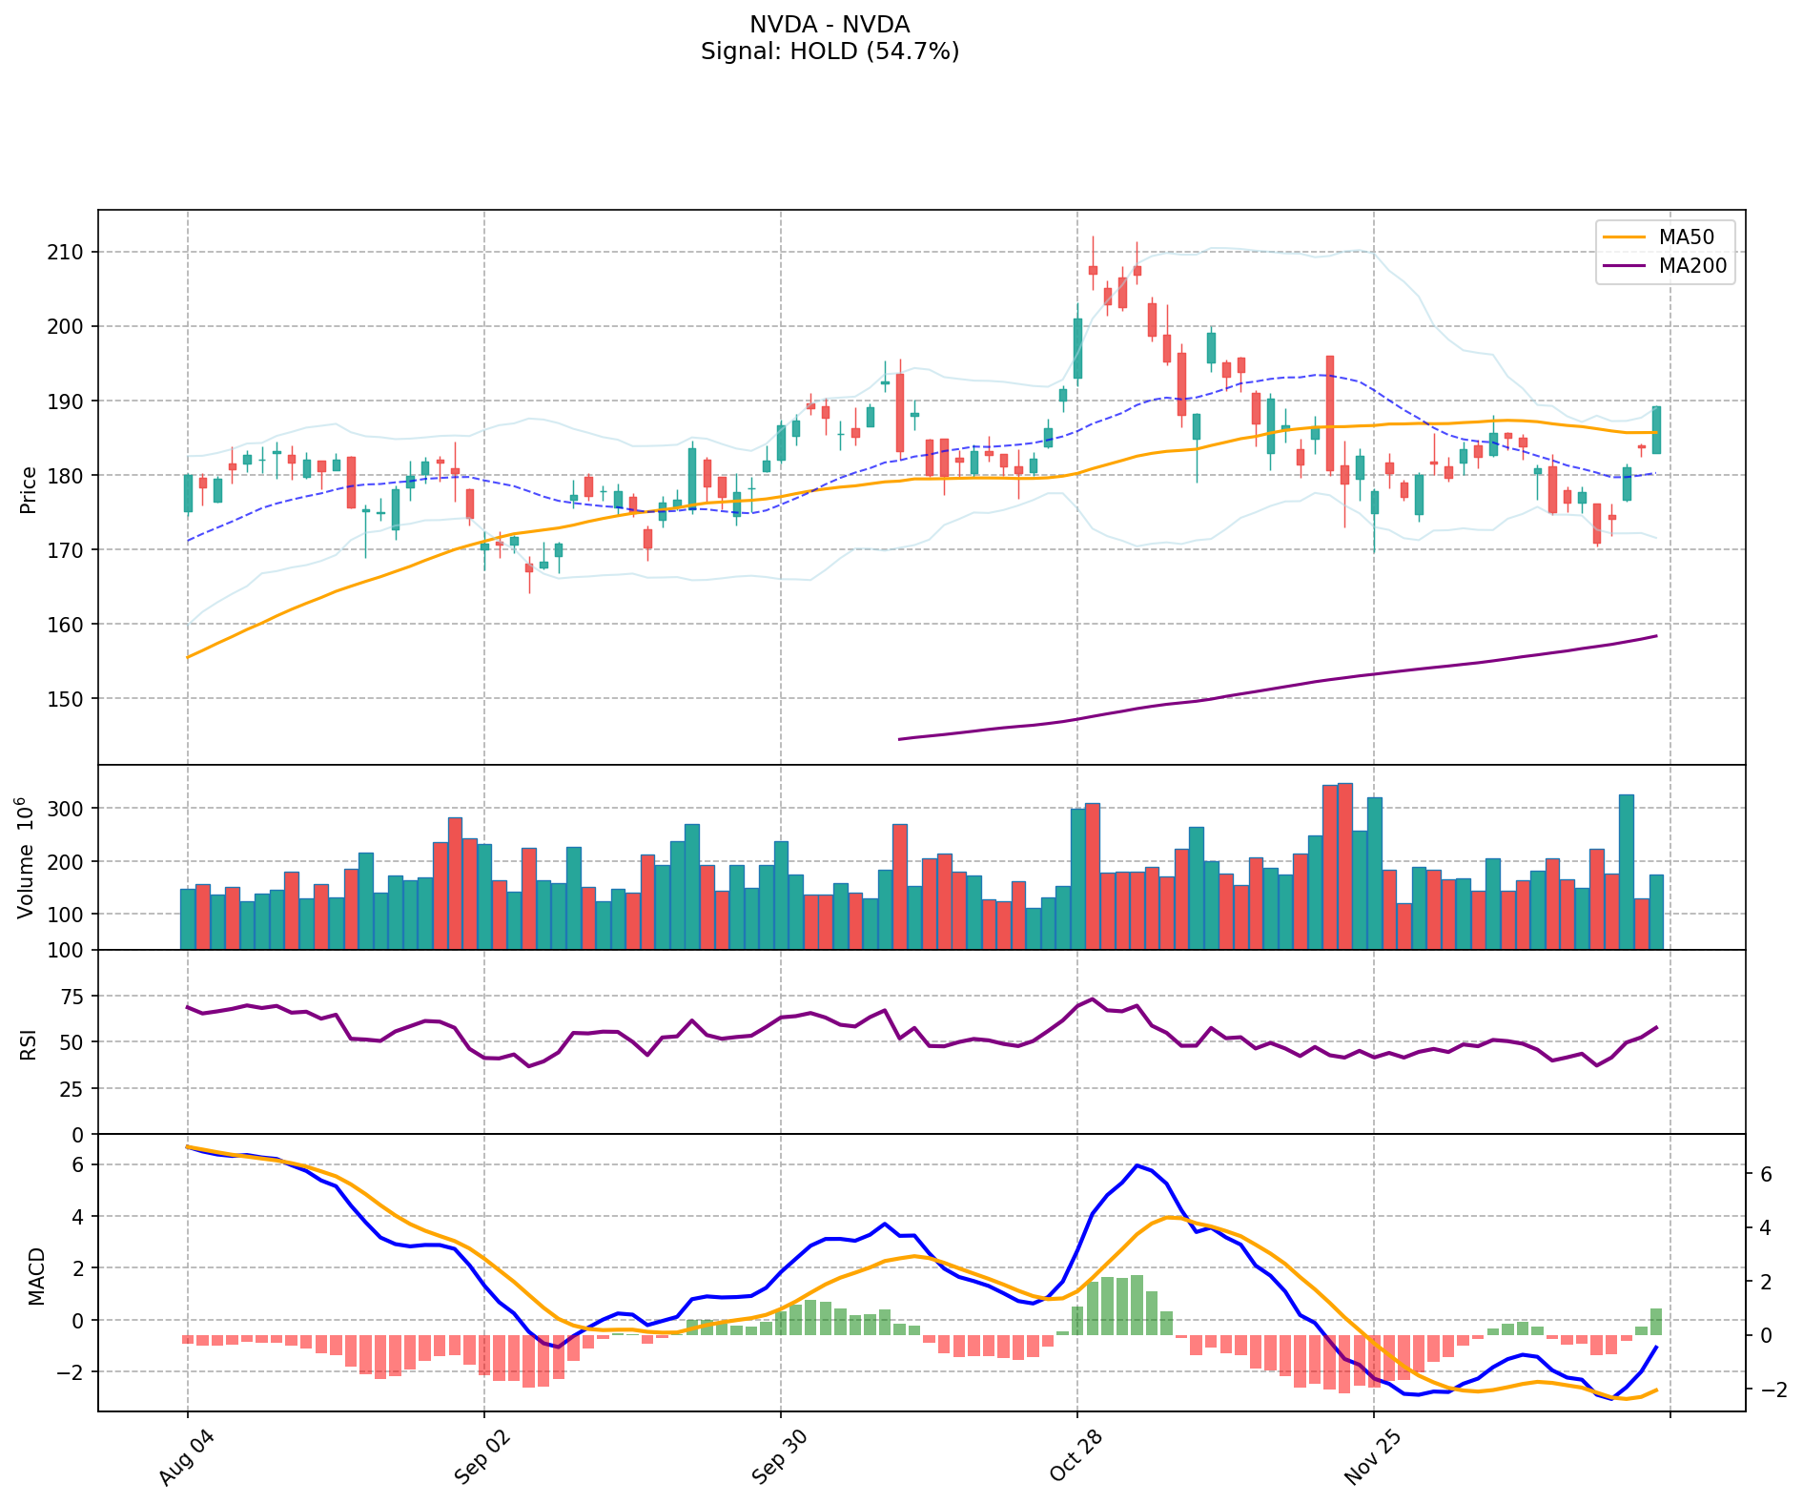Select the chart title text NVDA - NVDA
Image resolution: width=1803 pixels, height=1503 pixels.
[x=830, y=25]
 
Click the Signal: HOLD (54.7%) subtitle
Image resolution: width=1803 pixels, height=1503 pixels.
[x=830, y=51]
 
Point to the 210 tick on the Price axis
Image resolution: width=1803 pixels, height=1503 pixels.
[x=70, y=252]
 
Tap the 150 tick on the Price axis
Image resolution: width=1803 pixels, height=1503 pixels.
[x=70, y=699]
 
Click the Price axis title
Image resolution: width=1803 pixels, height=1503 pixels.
[x=29, y=489]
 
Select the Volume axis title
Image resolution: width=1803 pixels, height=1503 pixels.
[x=27, y=857]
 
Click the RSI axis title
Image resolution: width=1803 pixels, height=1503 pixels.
[x=29, y=1043]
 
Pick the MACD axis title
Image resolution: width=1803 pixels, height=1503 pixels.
[x=36, y=1275]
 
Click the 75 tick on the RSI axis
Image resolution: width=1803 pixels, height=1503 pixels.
[x=72, y=997]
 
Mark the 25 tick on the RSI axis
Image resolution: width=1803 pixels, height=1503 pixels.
[x=72, y=1089]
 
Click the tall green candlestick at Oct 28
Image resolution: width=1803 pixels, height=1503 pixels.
[x=1077, y=348]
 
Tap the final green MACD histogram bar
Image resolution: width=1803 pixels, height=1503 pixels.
[x=1656, y=1322]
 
